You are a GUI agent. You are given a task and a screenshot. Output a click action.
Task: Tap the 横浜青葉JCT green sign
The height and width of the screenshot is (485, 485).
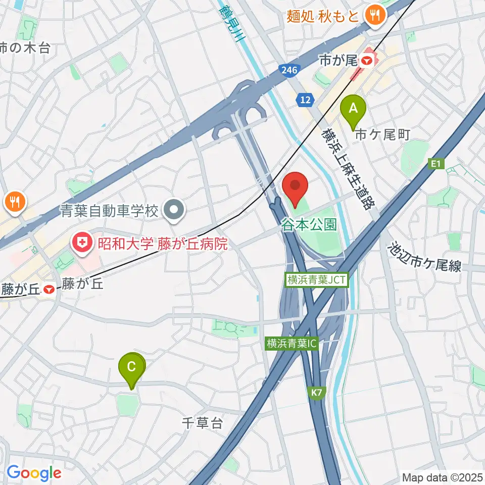tap(317, 280)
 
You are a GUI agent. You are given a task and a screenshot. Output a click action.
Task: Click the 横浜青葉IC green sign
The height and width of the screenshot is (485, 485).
tap(292, 344)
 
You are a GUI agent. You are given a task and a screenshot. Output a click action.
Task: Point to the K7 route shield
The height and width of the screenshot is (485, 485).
tap(317, 392)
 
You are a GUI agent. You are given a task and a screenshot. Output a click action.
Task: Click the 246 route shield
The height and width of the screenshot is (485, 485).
tap(287, 70)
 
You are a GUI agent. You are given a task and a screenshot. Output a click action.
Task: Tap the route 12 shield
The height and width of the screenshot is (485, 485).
tap(304, 101)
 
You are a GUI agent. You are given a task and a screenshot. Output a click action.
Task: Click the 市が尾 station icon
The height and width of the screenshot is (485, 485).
tap(367, 61)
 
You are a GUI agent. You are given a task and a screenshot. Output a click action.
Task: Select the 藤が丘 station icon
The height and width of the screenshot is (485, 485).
tap(49, 290)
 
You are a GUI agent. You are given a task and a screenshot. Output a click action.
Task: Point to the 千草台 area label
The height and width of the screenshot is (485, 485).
tap(203, 423)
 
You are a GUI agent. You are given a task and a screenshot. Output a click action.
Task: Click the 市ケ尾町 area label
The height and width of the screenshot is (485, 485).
tap(382, 134)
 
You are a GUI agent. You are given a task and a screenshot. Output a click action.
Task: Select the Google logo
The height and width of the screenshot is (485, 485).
tap(34, 472)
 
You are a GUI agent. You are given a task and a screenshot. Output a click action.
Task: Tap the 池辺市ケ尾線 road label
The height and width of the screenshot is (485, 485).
tap(424, 258)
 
